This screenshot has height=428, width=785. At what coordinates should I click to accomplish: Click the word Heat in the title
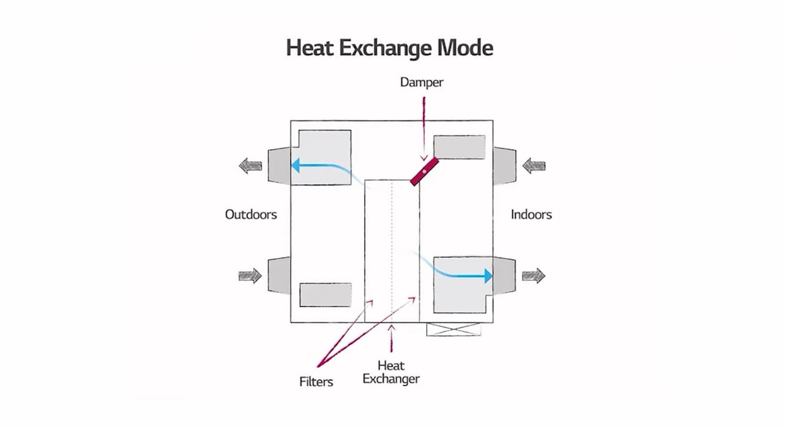coord(310,48)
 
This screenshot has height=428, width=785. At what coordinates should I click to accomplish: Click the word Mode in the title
coord(465,48)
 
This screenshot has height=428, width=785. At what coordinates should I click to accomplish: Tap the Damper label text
coord(421,82)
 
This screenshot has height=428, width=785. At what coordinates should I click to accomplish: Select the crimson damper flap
coord(424,171)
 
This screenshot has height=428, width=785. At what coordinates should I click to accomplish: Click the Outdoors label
coord(251,214)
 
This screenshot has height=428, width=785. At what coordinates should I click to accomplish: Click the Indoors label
coord(531,214)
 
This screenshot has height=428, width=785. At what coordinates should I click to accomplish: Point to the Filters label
coord(316,382)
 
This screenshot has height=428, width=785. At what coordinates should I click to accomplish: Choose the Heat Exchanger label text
coord(391,372)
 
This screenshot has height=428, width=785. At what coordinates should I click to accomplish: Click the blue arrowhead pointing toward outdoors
coord(295,165)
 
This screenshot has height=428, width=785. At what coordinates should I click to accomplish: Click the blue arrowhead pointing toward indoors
coord(488,276)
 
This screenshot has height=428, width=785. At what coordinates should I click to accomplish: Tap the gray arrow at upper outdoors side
coord(250,166)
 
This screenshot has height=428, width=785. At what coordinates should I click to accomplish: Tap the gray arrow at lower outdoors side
coord(250,275)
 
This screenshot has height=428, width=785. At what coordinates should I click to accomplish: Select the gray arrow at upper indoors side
coord(534,166)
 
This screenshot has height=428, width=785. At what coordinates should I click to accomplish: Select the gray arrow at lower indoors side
coord(533,276)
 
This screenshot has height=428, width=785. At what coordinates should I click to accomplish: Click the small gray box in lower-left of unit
coord(325,294)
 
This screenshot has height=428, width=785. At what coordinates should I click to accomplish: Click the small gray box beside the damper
coord(459,147)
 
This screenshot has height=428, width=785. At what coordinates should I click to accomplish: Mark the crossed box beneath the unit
coord(454,329)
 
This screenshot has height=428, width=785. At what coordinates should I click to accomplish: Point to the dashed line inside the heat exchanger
coord(392,250)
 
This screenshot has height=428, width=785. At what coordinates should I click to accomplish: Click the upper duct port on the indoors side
coord(504,166)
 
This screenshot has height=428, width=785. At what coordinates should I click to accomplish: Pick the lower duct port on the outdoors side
coord(279,275)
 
